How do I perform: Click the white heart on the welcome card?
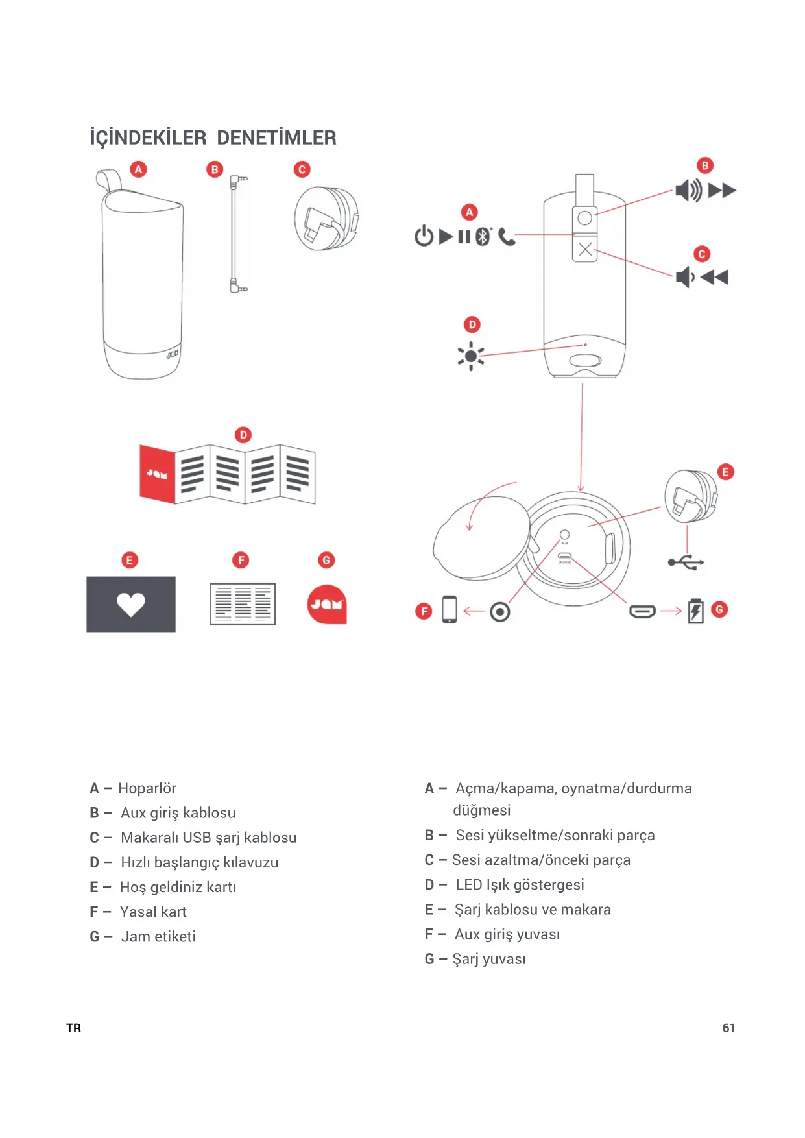[131, 604]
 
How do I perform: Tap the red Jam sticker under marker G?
[327, 604]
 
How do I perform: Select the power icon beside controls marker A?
[424, 236]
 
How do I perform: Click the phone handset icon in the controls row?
[507, 237]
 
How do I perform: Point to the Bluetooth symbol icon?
[483, 236]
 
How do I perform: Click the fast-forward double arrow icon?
[722, 191]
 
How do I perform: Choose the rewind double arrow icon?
[714, 278]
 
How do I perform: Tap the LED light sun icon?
[471, 356]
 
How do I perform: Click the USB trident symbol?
[686, 562]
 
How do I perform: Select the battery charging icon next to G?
[695, 611]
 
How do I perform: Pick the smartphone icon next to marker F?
[449, 609]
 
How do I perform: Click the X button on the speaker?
[585, 249]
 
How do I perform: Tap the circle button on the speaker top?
[585, 218]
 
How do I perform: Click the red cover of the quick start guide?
[158, 474]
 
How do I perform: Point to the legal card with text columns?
[243, 604]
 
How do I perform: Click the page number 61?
[728, 1028]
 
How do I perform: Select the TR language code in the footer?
[74, 1028]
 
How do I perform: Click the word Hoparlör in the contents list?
[147, 788]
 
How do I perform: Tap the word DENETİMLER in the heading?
[276, 138]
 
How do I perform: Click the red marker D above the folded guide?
[243, 435]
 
